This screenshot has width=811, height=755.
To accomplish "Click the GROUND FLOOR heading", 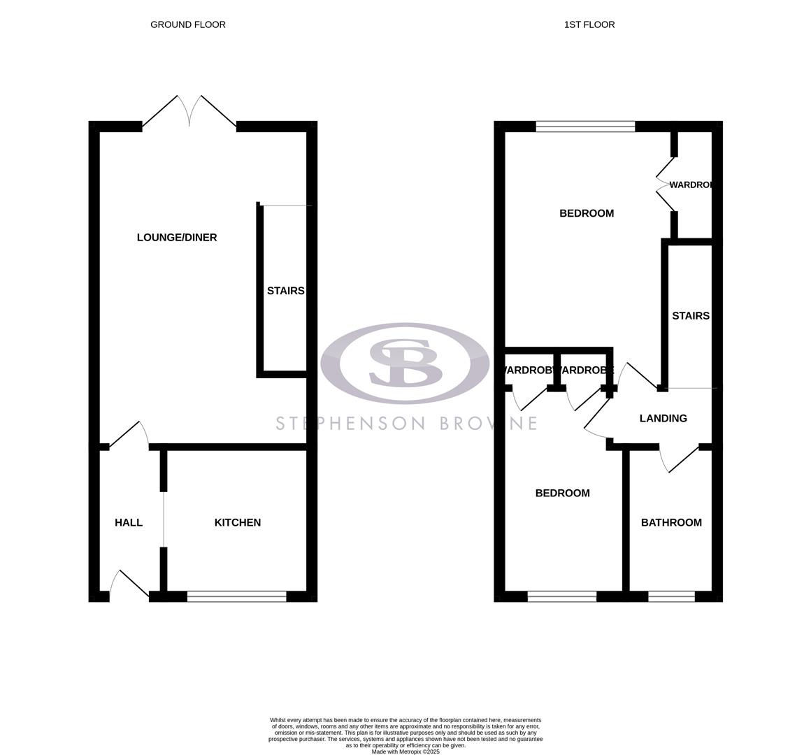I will click(188, 24).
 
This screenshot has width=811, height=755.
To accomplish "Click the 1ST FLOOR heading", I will click(589, 24).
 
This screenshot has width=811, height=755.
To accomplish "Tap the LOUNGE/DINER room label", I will click(177, 238).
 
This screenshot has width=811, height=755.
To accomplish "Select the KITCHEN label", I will click(238, 523).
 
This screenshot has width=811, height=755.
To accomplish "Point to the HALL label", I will click(129, 523).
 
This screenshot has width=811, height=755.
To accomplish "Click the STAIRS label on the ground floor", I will click(285, 291).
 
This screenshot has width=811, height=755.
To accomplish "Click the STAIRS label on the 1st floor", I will click(691, 316).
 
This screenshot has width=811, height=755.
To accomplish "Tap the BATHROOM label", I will click(671, 523).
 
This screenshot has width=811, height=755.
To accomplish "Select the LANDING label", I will click(663, 419).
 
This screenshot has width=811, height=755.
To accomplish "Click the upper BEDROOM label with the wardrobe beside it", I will click(587, 213).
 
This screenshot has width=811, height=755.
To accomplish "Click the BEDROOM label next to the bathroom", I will click(562, 494).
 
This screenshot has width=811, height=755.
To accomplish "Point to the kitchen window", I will click(237, 596).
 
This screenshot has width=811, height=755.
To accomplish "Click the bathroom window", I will click(671, 596).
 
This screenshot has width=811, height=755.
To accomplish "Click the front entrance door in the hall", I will click(129, 586).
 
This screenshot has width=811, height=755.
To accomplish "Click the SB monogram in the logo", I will click(405, 363).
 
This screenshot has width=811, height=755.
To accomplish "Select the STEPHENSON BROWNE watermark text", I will click(406, 424).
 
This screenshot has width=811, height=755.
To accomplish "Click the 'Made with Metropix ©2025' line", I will click(405, 752).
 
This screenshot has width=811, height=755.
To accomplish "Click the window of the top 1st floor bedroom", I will click(585, 127).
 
